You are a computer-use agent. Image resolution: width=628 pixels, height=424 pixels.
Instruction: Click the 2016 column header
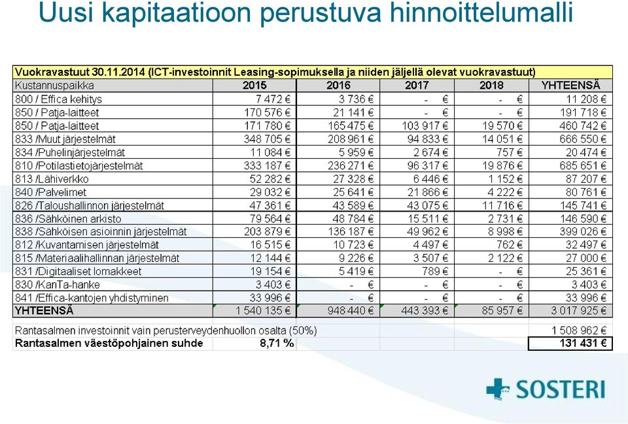tap(338, 85)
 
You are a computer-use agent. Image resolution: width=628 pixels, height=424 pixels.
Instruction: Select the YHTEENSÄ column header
tap(570, 85)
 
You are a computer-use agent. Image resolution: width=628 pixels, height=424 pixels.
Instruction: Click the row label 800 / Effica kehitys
tap(58, 99)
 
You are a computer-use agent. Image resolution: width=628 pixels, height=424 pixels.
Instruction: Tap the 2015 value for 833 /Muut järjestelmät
tap(267, 139)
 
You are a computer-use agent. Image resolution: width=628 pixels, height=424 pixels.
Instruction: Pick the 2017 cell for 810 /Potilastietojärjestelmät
tap(425, 165)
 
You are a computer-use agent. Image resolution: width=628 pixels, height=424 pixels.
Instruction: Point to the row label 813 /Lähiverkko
tap(52, 179)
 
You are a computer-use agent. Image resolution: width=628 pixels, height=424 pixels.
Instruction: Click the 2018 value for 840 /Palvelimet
tap(504, 192)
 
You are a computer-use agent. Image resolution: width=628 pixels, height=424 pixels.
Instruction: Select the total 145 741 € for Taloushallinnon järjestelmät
tap(583, 206)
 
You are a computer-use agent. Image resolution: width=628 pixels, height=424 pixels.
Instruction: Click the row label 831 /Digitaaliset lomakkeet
tap(78, 272)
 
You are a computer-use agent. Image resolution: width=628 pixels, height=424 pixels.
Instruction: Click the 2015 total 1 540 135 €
tap(263, 310)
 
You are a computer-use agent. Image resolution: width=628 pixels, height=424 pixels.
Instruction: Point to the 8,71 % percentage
tap(277, 343)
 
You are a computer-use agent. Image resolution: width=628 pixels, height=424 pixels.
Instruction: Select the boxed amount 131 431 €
tap(583, 343)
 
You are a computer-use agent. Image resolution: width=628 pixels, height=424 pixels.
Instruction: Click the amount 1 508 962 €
tap(579, 331)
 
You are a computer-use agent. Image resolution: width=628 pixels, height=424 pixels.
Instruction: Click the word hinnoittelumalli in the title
tap(481, 13)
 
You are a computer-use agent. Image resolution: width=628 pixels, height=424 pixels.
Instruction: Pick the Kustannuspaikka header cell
tap(54, 85)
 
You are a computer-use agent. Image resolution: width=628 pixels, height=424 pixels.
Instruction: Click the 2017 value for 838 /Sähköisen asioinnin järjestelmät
tap(425, 232)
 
